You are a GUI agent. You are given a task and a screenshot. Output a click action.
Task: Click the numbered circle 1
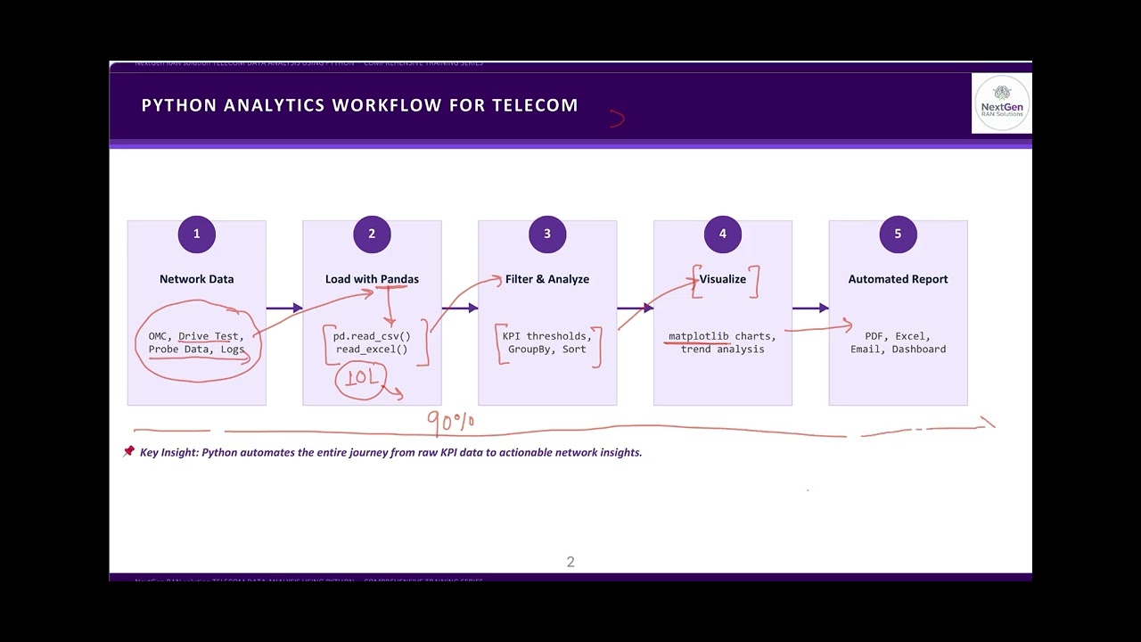(x=196, y=235)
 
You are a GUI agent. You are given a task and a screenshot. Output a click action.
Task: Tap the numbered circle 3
(x=546, y=235)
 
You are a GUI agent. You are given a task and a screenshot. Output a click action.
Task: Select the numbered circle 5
(x=898, y=235)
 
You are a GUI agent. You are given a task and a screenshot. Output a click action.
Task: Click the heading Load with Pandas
(x=372, y=279)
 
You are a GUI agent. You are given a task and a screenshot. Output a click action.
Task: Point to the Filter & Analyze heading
(x=547, y=279)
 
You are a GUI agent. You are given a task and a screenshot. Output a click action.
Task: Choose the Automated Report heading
(x=898, y=279)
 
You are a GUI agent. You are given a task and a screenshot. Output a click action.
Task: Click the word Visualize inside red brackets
(x=723, y=279)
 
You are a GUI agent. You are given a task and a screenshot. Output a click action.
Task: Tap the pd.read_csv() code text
(x=372, y=336)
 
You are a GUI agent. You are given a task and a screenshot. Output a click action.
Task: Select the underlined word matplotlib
(x=698, y=336)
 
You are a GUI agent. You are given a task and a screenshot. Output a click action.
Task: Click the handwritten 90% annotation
(x=451, y=421)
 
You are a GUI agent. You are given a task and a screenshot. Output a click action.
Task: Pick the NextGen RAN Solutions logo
(x=1001, y=103)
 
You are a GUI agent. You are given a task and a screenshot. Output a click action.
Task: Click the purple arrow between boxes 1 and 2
(x=284, y=309)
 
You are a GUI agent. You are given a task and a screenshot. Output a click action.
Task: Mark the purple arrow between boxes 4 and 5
(x=810, y=309)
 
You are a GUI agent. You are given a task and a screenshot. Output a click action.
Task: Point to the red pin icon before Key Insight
(x=128, y=452)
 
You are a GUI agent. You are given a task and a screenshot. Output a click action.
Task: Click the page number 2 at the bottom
(x=570, y=562)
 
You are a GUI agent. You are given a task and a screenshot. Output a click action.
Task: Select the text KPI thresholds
(x=546, y=336)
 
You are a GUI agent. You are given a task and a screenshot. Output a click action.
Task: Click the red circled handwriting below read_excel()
(x=361, y=378)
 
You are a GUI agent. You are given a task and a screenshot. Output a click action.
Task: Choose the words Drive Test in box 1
(x=209, y=336)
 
